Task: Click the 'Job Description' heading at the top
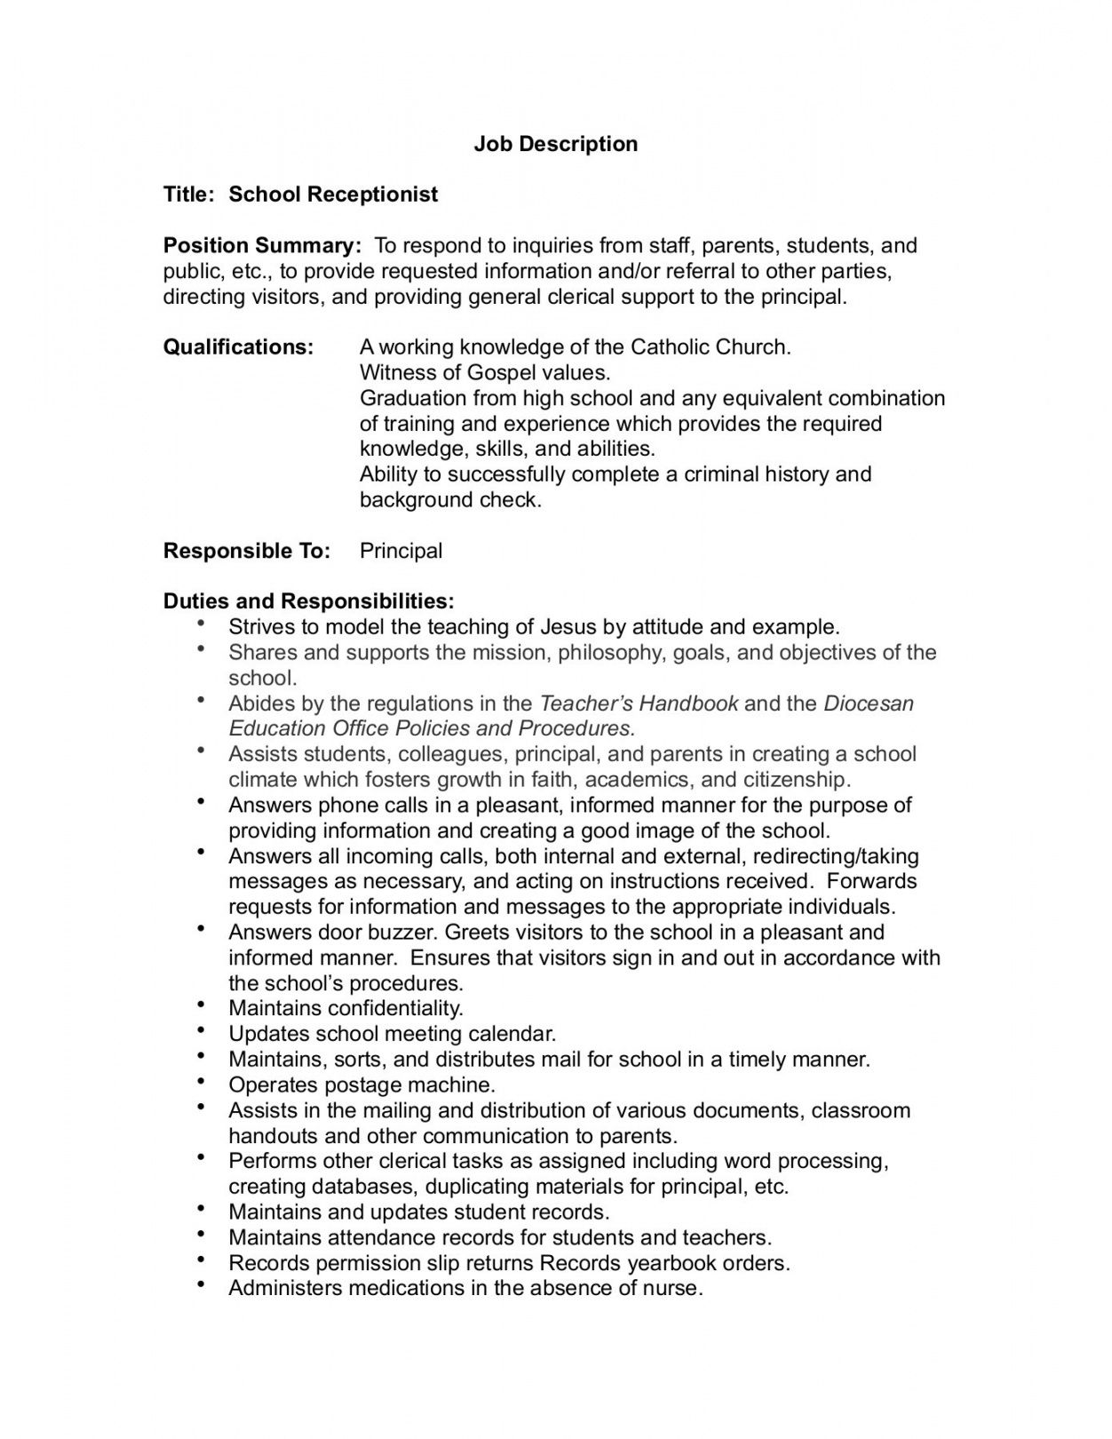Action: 555,144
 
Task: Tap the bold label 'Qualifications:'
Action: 238,347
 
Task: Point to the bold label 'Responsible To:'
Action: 246,551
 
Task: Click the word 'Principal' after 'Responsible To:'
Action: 401,551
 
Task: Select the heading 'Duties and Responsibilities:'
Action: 308,601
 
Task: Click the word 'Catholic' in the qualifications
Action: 670,347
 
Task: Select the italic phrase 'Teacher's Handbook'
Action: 639,704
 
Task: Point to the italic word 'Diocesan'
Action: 868,704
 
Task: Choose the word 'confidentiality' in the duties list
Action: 395,1008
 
